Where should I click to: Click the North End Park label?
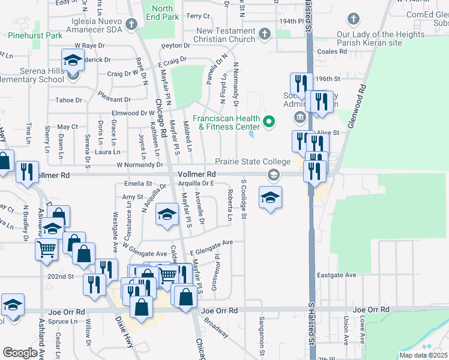(x=162, y=13)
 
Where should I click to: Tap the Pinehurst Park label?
(x=35, y=35)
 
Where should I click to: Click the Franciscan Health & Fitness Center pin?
(x=268, y=122)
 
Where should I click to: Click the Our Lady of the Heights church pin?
(x=353, y=20)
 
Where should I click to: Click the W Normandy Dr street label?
(x=139, y=164)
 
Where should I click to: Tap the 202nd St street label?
(x=61, y=277)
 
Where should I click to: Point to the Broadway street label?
(x=216, y=327)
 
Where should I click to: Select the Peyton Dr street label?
(x=176, y=46)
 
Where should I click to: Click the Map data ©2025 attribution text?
(x=423, y=355)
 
